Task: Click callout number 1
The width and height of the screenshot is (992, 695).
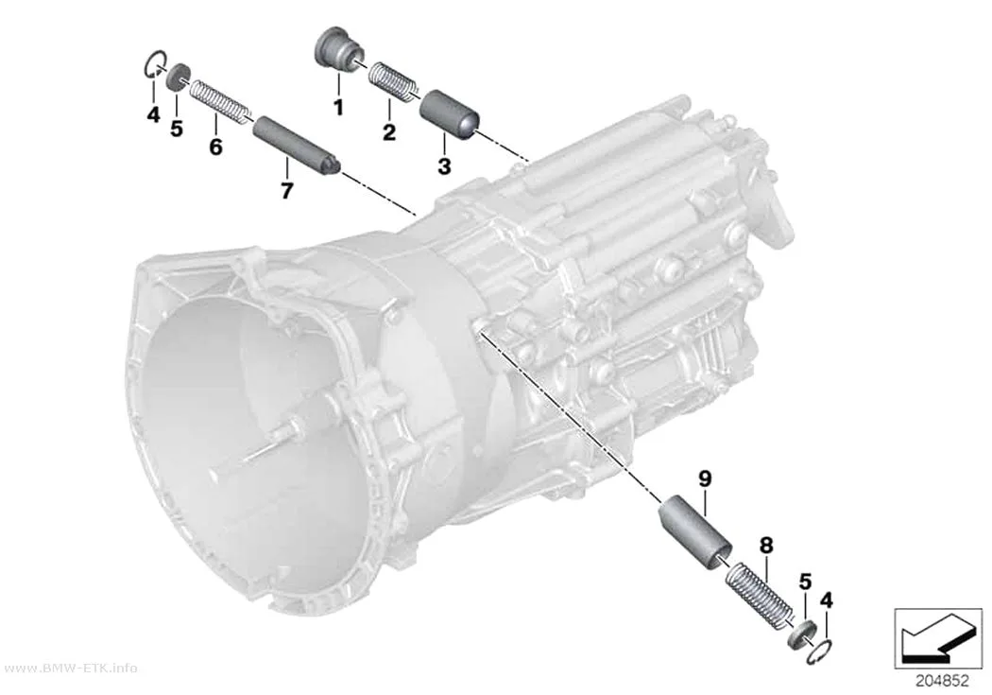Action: (x=338, y=107)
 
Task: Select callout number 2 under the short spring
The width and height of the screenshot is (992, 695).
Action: (x=389, y=132)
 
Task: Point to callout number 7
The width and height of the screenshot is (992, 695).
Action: (x=286, y=190)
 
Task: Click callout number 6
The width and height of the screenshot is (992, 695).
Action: (x=215, y=147)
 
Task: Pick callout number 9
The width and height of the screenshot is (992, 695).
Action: (x=706, y=478)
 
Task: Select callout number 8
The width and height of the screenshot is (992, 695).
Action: (x=766, y=545)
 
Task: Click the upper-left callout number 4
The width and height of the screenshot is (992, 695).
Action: (x=153, y=115)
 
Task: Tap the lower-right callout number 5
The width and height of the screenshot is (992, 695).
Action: (x=805, y=582)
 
